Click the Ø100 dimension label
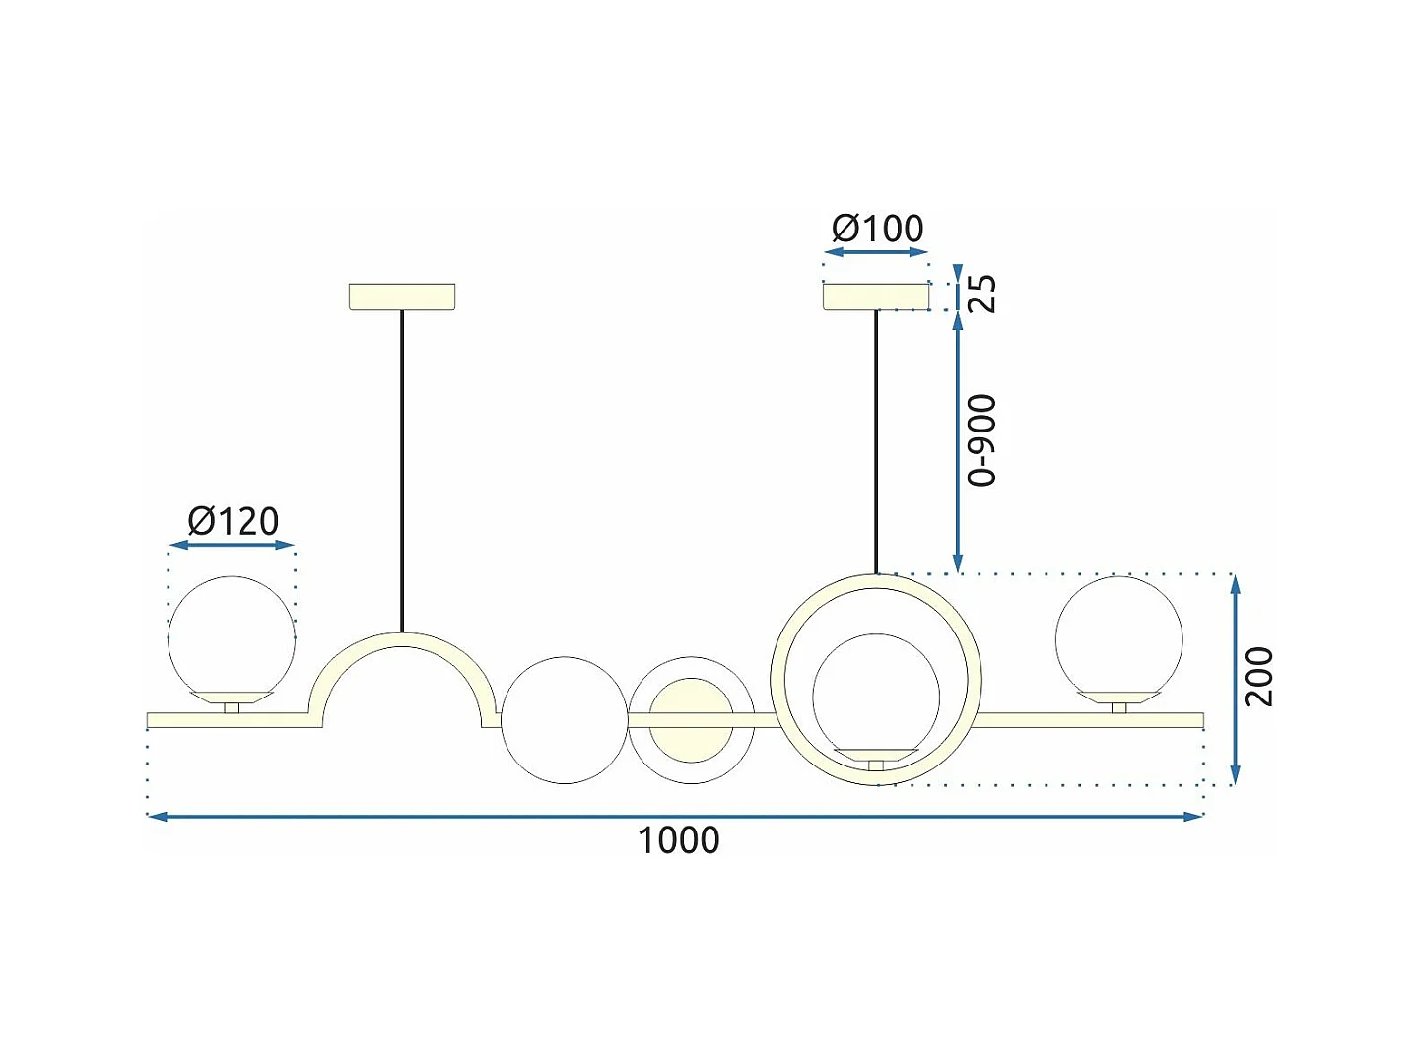pos(878,229)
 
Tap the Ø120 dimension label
pos(234,521)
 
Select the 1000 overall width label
pos(678,840)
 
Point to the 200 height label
pos(1258,677)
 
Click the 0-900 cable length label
pos(982,440)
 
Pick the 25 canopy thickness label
pos(982,294)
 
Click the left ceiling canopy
pos(402,297)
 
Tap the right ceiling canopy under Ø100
pos(876,296)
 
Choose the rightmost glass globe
pos(1118,635)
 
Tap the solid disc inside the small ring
pos(692,720)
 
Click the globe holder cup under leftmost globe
pos(232,698)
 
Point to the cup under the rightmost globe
pos(1118,698)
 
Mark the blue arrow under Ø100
pos(876,252)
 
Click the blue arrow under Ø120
pos(232,545)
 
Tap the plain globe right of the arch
pos(565,720)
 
